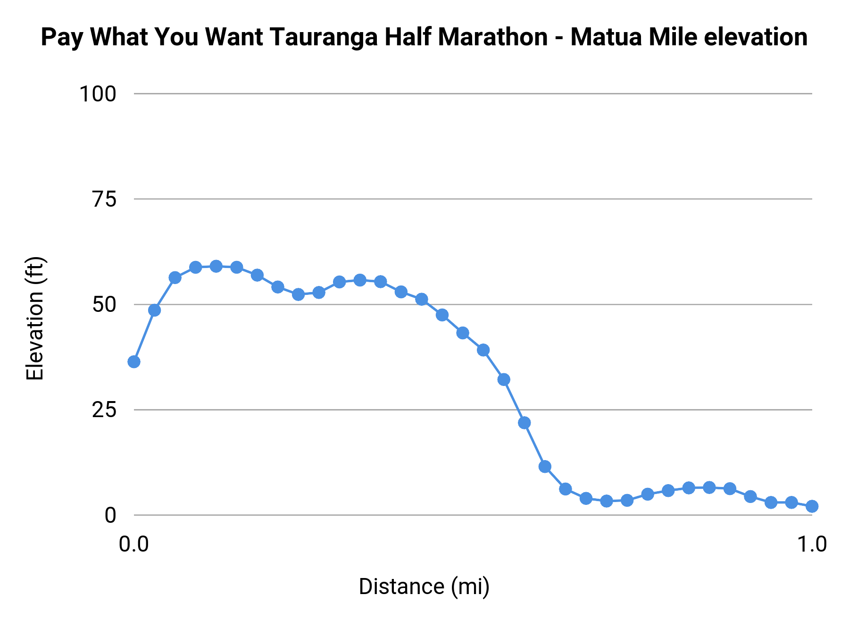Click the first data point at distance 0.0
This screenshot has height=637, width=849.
pos(134,362)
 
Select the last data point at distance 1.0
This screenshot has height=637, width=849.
pos(812,506)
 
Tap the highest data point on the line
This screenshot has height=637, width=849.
pos(216,266)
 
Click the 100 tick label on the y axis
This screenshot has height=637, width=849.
pos(98,94)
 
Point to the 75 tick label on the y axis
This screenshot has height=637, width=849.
pos(104,200)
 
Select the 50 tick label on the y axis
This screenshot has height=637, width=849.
pos(104,305)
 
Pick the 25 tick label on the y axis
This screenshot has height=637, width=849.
pos(104,410)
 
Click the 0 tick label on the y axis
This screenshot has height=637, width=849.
pos(110,515)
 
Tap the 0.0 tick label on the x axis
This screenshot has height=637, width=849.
pos(134,544)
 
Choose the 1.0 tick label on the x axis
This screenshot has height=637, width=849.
pos(812,544)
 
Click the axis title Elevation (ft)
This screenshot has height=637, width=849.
pos(35,318)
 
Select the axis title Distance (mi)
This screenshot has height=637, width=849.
pos(424,587)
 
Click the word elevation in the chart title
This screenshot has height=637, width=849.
pos(755,37)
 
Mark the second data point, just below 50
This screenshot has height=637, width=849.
pos(154,310)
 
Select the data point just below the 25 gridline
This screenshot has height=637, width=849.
pos(524,423)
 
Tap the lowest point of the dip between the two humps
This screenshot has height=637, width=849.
pos(298,294)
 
